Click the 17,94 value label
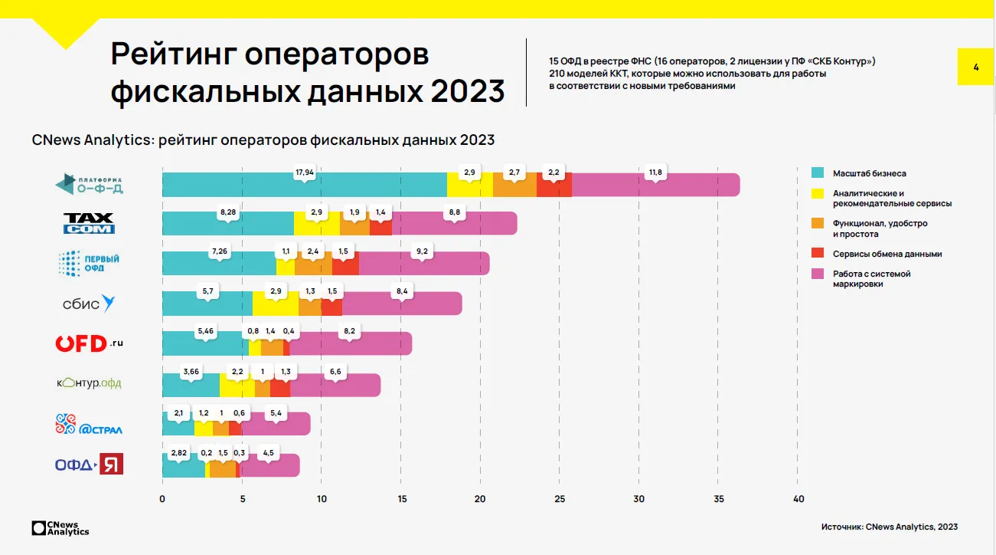coord(305,172)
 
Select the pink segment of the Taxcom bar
coord(454,223)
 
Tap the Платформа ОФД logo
coord(90,184)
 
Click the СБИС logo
coord(89,304)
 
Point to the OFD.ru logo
coord(89,343)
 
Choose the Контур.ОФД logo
coord(89,383)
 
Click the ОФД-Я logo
coord(89,464)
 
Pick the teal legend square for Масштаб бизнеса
coord(817,173)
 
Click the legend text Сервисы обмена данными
coord(887,254)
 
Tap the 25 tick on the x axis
coord(559,500)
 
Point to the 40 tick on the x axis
coord(798,500)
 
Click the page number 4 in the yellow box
coord(976,67)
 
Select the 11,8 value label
coord(655,172)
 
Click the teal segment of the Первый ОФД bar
coord(219,263)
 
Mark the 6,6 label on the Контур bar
coord(335,372)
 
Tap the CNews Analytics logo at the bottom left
coord(60,528)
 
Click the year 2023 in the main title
coord(468,90)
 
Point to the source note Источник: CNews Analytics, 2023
coord(889,527)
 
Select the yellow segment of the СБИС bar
coord(276,304)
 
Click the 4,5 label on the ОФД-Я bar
coord(269,452)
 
